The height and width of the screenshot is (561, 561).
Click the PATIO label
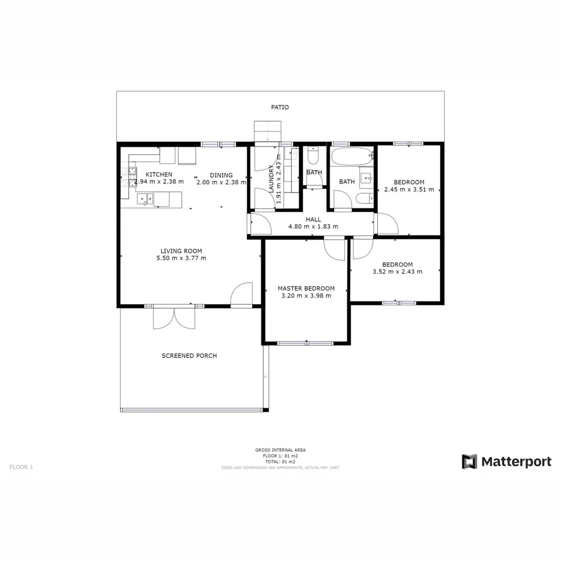tap(279, 108)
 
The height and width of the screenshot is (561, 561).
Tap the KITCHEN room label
tap(158, 175)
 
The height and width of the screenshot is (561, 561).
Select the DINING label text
tap(221, 175)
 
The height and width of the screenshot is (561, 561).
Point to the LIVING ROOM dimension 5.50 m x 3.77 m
tap(181, 258)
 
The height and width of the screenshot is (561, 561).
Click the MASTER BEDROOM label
tap(306, 288)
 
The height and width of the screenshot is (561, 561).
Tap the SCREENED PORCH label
tap(189, 356)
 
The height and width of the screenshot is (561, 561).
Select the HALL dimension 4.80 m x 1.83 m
tap(313, 226)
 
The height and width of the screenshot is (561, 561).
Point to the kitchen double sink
tap(145, 198)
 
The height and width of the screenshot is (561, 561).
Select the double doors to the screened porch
tap(174, 317)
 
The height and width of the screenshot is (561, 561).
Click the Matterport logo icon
tap(470, 461)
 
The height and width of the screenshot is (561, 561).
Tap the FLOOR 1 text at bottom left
tap(21, 467)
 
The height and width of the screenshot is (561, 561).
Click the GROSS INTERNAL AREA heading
tap(280, 450)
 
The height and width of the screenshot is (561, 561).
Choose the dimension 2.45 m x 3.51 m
tap(409, 190)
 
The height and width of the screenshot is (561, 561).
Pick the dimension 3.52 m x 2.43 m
tap(397, 271)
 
